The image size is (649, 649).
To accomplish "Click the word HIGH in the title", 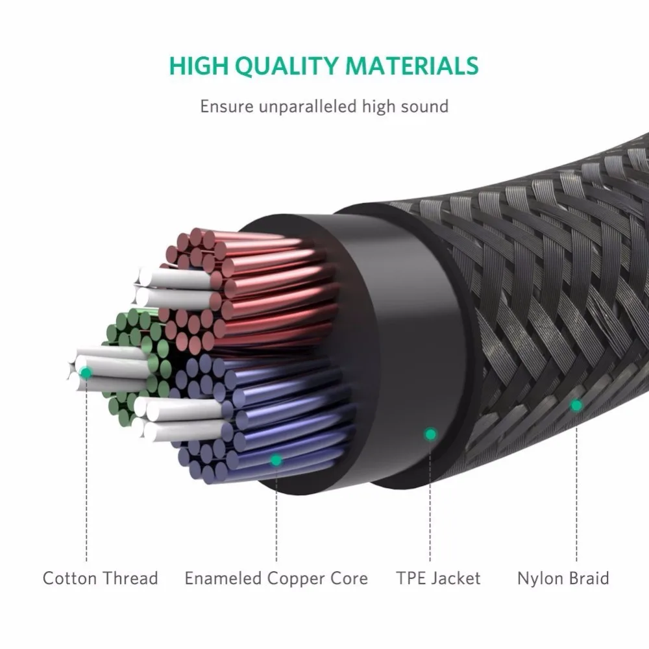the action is click(x=199, y=66).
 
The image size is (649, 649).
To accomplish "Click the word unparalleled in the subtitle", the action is click(x=308, y=107).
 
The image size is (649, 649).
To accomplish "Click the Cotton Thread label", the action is click(x=101, y=578).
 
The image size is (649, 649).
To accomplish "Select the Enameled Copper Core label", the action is click(x=276, y=578).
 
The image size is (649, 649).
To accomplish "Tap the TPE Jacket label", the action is click(x=438, y=578).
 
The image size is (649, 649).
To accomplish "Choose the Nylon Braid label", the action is click(x=563, y=578).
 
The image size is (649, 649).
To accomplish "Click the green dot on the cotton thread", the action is click(x=86, y=373).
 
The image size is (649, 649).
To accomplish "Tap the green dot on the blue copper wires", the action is click(x=276, y=459).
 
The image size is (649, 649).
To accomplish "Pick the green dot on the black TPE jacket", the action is click(x=430, y=434).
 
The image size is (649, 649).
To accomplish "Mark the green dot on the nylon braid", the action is click(x=576, y=405).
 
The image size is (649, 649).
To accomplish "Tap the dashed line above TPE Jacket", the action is click(x=430, y=501).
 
